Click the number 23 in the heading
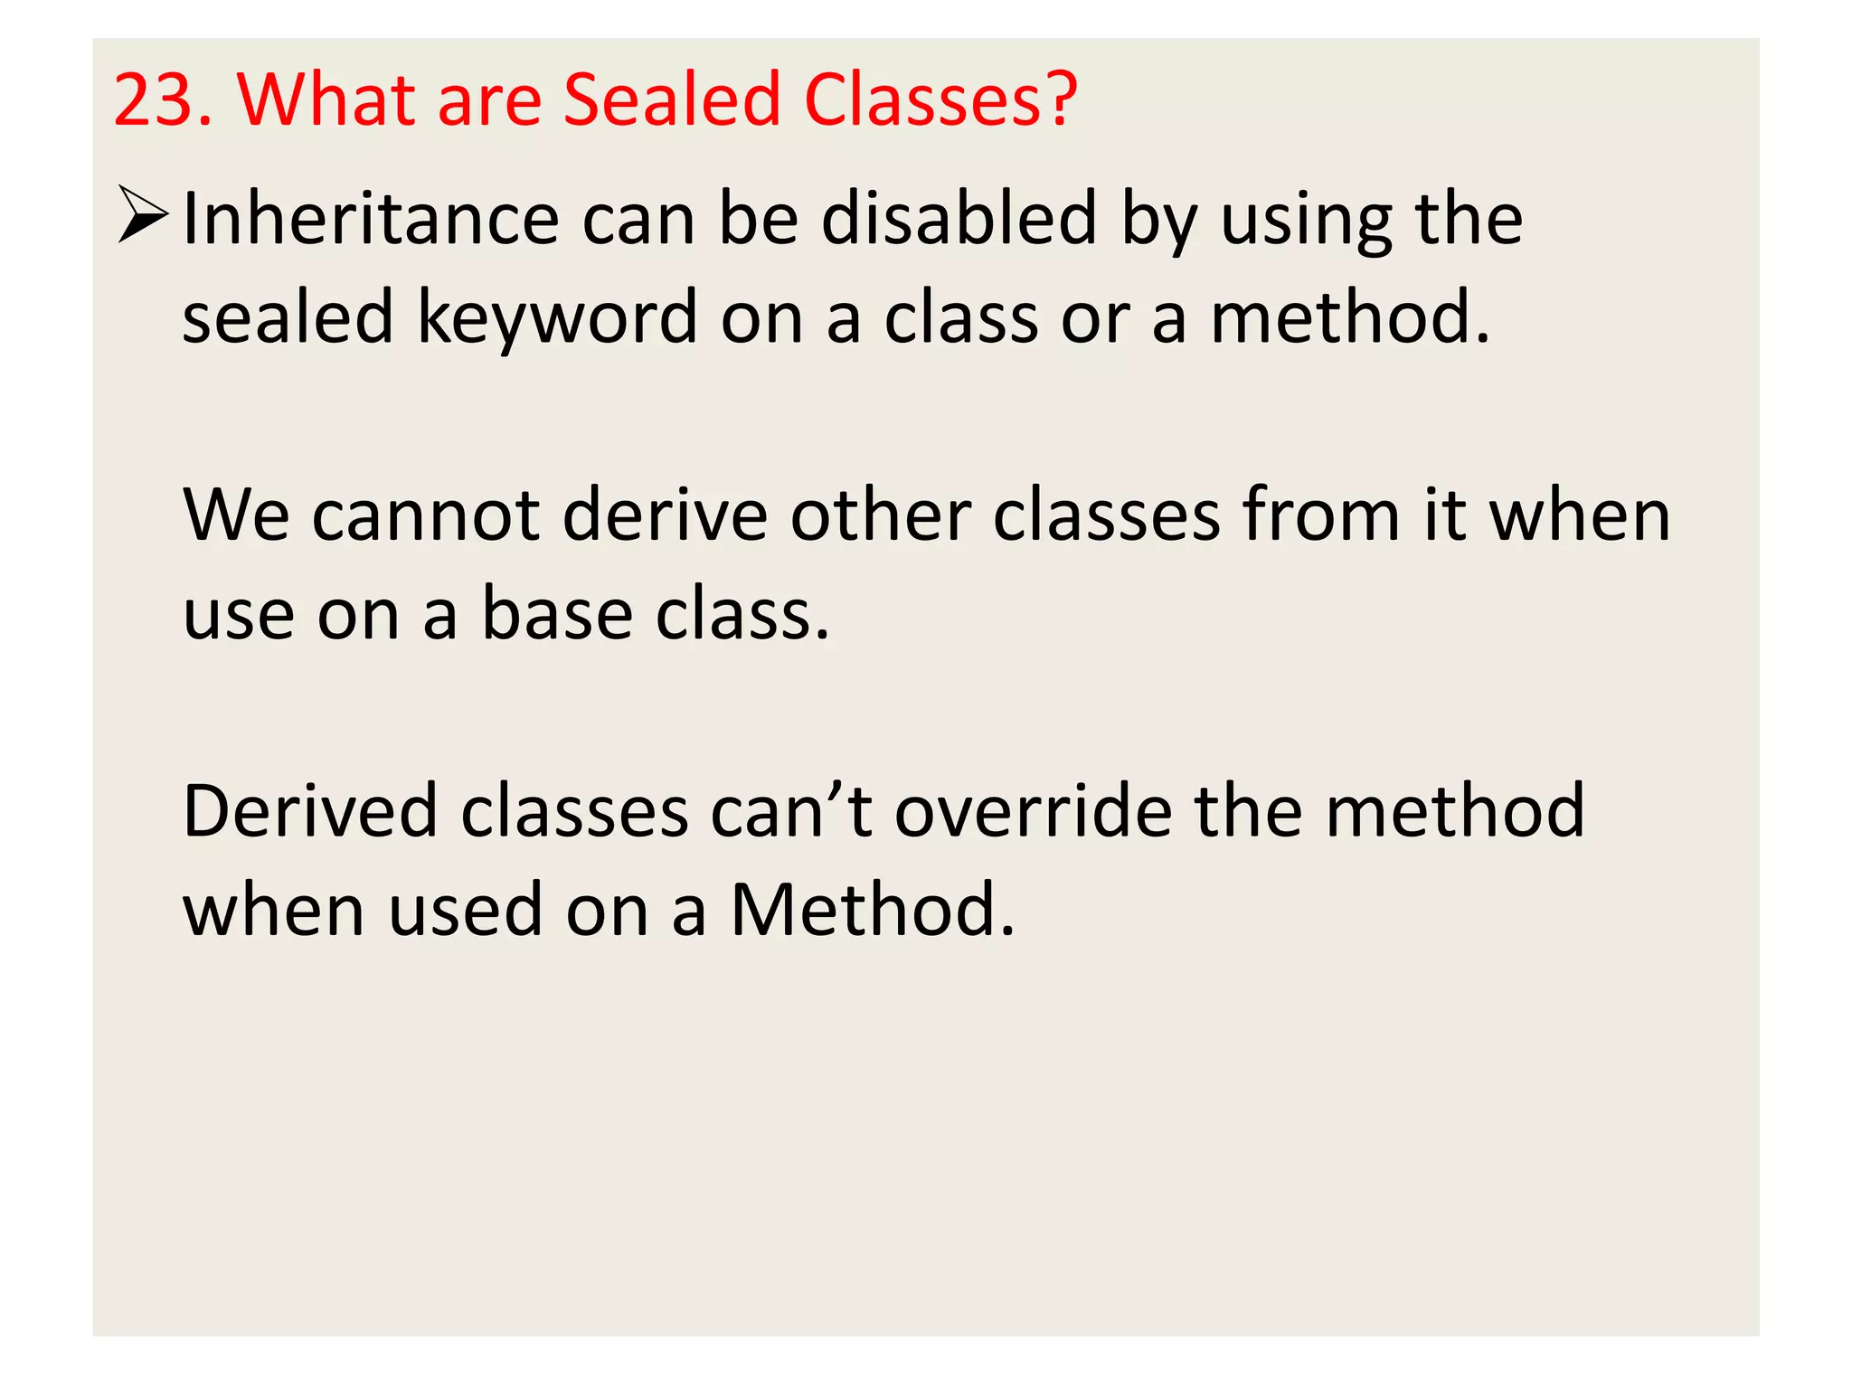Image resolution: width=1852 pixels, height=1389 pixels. tap(154, 99)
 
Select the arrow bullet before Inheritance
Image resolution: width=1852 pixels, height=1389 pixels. tap(143, 215)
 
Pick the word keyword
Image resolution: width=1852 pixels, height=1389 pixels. tap(557, 318)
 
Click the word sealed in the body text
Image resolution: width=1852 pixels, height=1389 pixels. tap(288, 318)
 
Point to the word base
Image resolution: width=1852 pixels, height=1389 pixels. tap(556, 615)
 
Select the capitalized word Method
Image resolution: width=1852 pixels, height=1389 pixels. tap(873, 910)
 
